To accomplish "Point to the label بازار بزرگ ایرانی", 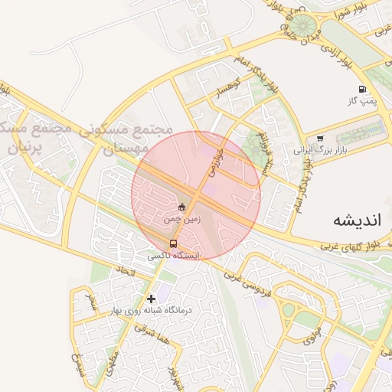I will pos(320,150).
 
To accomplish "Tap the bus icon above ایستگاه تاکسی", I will pos(171,243).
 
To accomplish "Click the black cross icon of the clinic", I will pos(151,298).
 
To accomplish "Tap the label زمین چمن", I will pos(181,218).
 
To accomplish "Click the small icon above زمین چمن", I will pos(181,207).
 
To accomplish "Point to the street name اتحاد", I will pos(125,271).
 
